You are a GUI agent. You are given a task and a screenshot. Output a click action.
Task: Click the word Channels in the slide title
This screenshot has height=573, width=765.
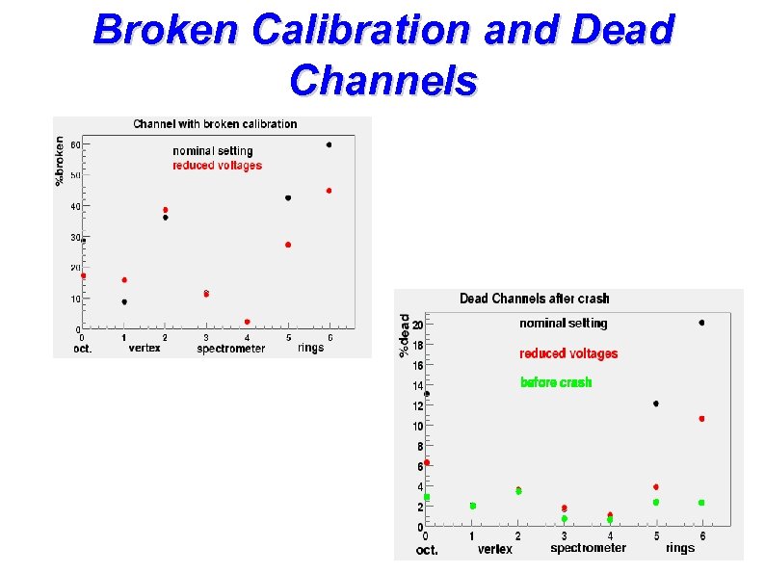[382, 81]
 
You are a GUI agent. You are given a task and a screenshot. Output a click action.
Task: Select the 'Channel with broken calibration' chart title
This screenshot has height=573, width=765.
[215, 124]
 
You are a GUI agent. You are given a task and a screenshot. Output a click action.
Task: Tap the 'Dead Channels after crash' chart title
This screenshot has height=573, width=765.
[535, 299]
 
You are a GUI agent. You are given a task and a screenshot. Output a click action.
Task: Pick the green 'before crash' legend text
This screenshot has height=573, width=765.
[556, 382]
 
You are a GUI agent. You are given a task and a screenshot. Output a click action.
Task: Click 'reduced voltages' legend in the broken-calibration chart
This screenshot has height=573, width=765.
[217, 166]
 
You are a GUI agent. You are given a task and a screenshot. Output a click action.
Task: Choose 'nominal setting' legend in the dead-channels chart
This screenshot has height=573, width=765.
[564, 324]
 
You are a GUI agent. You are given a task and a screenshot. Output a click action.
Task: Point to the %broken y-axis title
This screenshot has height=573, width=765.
[60, 160]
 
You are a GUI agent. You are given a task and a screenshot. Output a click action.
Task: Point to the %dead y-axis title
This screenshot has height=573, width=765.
[405, 336]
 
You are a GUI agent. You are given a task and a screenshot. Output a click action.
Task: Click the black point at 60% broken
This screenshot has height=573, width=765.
[329, 145]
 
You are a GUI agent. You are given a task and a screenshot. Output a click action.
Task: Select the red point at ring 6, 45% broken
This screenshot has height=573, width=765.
[329, 191]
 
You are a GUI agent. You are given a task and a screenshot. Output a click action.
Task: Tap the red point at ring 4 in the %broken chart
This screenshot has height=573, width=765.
[247, 322]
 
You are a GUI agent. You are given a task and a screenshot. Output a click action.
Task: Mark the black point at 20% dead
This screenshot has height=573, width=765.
[701, 323]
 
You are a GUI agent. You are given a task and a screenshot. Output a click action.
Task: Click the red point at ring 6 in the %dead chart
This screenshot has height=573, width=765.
[701, 419]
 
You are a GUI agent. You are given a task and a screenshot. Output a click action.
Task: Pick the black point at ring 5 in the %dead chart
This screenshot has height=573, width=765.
[656, 404]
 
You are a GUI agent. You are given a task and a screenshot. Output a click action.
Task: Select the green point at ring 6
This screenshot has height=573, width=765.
[701, 503]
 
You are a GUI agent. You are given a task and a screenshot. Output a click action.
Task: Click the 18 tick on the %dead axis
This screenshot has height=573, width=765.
[417, 345]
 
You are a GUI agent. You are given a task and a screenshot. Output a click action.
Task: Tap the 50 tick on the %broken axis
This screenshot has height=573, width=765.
[74, 175]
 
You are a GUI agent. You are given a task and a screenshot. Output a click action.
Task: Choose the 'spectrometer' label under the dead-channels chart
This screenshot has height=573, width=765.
[588, 548]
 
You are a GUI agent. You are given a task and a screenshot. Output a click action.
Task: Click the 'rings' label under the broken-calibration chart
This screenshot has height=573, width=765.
[310, 348]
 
